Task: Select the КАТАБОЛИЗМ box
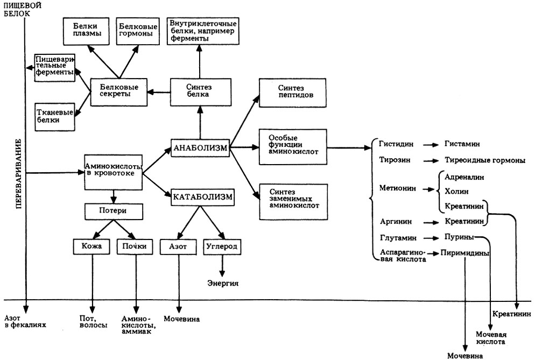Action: pos(202,197)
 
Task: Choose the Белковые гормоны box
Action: pos(136,30)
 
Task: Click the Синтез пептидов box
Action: pos(293,92)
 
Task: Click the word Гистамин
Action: pos(462,145)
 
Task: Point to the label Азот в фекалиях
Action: pos(25,321)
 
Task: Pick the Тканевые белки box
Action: pos(54,116)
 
